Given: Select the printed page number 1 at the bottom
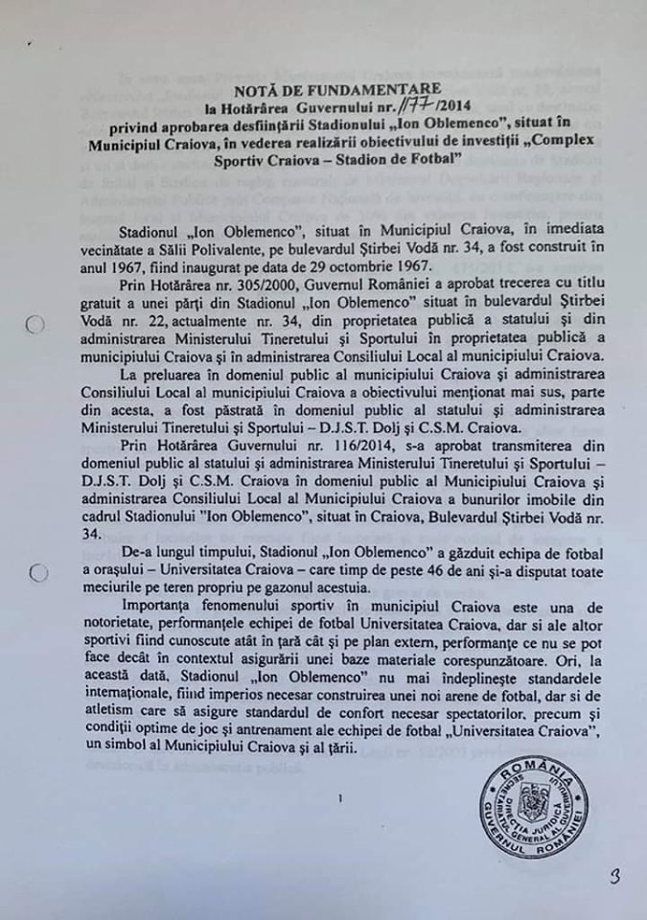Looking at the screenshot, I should (340, 795).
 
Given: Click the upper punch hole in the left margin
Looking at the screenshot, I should (35, 326).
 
